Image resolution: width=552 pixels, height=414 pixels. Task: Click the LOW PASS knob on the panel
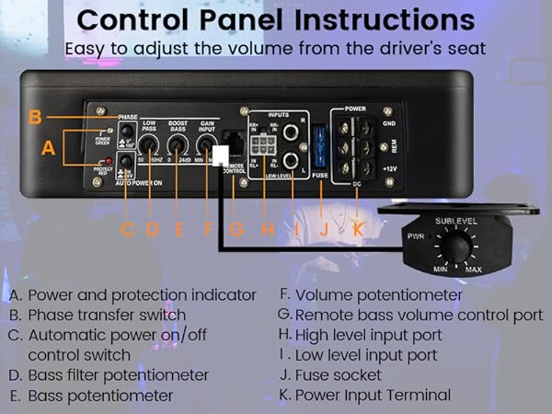[x=149, y=145]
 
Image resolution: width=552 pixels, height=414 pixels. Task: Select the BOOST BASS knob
[x=178, y=145]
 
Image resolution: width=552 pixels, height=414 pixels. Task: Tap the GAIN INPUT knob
[x=206, y=145]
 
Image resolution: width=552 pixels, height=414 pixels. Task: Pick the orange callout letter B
[x=34, y=117]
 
